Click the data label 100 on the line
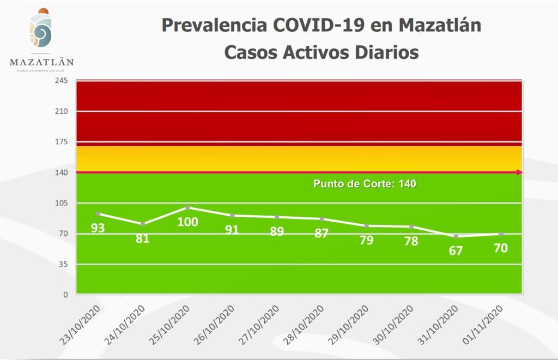(187, 222)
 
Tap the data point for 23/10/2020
(98, 213)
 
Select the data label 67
(456, 251)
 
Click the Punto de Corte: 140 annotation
(365, 184)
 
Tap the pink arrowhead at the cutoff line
(519, 173)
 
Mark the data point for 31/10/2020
(456, 236)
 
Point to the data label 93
(98, 228)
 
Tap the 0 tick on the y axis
(65, 295)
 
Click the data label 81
(143, 238)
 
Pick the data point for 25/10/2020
(187, 208)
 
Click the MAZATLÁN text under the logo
(41, 63)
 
